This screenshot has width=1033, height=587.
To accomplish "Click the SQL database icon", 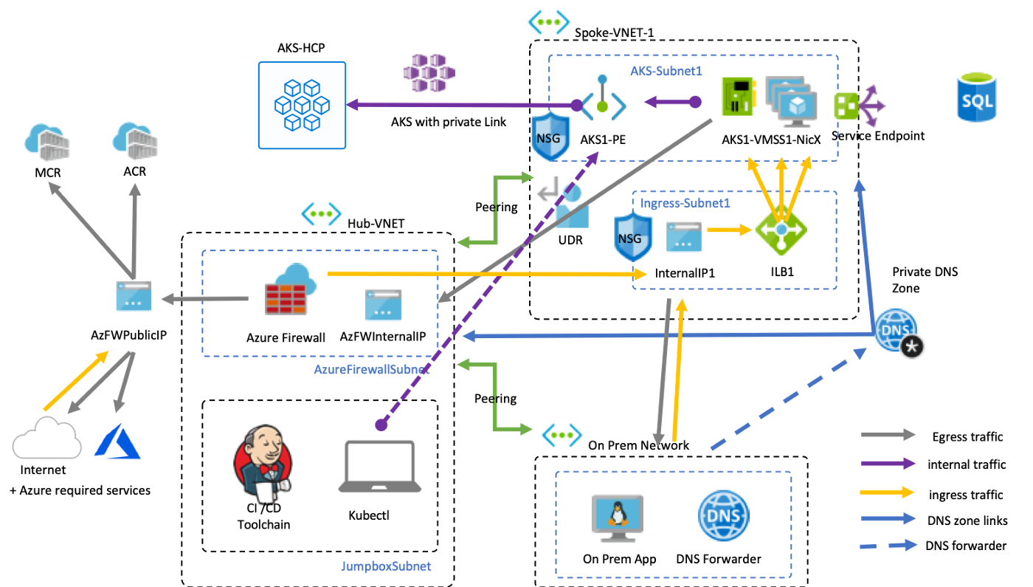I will tap(976, 96).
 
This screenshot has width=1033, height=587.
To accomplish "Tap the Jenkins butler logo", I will tap(262, 466).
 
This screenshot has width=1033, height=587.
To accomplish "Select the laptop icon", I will tap(379, 466).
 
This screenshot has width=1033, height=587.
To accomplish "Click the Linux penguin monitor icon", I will tap(618, 518).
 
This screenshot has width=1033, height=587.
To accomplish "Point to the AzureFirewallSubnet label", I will tap(371, 369).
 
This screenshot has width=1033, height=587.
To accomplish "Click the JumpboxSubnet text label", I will tap(386, 566).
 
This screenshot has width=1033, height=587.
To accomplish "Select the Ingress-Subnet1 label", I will tap(685, 202).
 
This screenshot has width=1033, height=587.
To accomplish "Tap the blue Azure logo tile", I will tap(117, 441).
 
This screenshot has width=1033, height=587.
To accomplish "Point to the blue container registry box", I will tap(302, 105).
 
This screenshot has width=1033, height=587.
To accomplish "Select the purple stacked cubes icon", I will tap(429, 72).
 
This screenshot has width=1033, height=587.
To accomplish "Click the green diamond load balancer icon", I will tap(781, 230).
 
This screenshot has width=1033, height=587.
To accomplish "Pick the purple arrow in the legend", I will tap(888, 464).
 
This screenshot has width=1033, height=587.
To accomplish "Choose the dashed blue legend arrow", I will tap(888, 545).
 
